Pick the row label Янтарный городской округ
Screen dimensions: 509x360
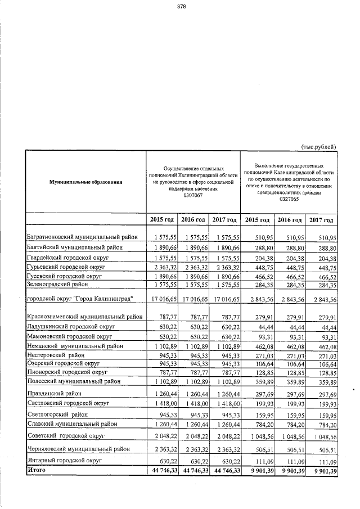[x=64, y=460]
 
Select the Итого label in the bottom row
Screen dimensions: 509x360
[x=36, y=469]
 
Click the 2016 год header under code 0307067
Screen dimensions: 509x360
[x=192, y=219]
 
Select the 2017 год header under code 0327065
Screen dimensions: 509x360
[x=321, y=220]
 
